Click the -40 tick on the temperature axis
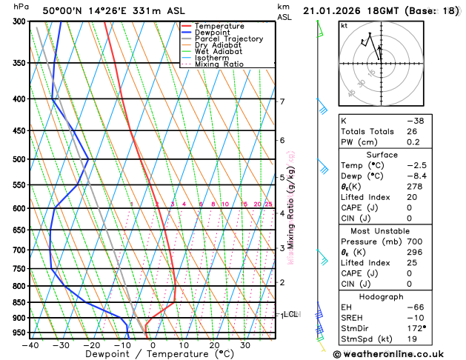click(30, 345)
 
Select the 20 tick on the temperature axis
click(214, 345)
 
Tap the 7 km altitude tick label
click(282, 101)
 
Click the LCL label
click(290, 314)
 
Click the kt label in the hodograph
click(344, 25)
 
